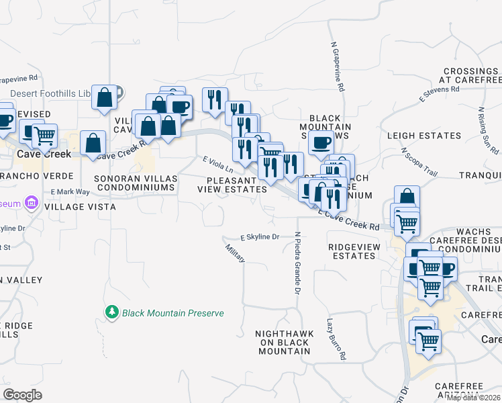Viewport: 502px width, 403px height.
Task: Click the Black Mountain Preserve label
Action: point(172,313)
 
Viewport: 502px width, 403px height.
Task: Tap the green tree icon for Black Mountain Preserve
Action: point(111,312)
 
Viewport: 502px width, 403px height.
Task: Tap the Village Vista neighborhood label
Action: point(80,207)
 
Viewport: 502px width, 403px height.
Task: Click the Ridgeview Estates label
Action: point(354,251)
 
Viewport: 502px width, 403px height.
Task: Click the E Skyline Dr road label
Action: point(259,237)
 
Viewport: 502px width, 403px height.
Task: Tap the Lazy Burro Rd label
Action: point(336,338)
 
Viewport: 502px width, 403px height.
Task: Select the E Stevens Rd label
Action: point(439,93)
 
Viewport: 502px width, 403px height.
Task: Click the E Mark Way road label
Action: point(70,191)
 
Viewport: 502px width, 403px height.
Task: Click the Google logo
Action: point(22,395)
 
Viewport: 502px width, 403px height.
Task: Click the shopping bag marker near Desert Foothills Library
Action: point(105,97)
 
